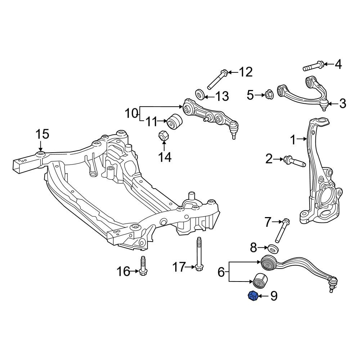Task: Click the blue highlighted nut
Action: pyautogui.click(x=253, y=296)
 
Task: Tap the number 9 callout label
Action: pyautogui.click(x=274, y=296)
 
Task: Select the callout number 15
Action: pyautogui.click(x=42, y=134)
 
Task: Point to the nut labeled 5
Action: pyautogui.click(x=269, y=95)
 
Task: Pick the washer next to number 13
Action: pyautogui.click(x=200, y=94)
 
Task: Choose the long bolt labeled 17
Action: pyautogui.click(x=198, y=255)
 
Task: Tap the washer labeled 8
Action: pyautogui.click(x=274, y=249)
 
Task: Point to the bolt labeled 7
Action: pyautogui.click(x=282, y=230)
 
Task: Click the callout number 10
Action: pyautogui.click(x=131, y=113)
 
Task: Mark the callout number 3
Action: pyautogui.click(x=343, y=104)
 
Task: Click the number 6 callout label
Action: pyautogui.click(x=221, y=272)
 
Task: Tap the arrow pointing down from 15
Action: pyautogui.click(x=41, y=146)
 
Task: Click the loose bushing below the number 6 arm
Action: pyautogui.click(x=260, y=280)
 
